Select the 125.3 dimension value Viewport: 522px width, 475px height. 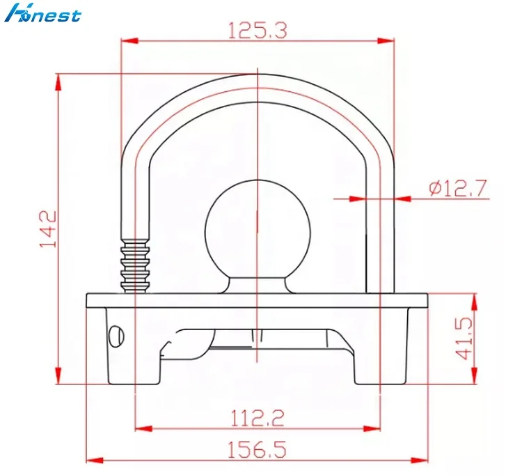point(258,29)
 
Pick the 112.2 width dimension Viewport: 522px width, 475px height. point(258,417)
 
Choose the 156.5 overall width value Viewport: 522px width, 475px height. point(258,451)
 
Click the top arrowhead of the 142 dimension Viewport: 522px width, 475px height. point(59,79)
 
